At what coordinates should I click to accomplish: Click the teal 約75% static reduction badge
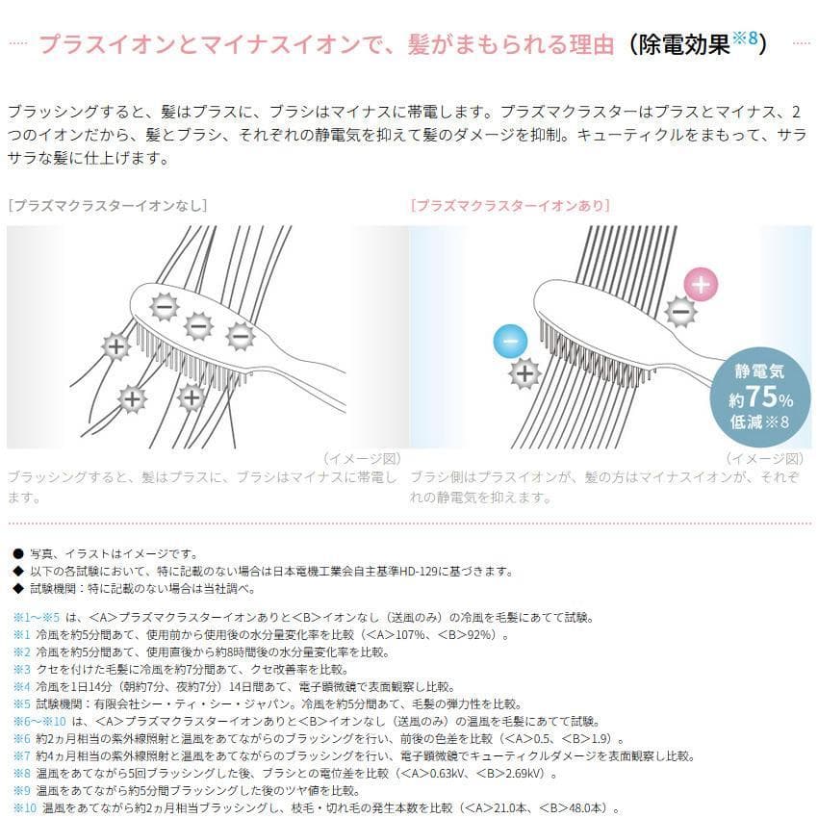click(x=760, y=396)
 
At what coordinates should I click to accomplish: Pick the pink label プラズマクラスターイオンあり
click(x=510, y=205)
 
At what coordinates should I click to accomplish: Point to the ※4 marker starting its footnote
click(x=21, y=686)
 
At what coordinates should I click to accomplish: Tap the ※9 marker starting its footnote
click(x=21, y=790)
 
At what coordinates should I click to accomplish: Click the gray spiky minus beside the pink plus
click(x=680, y=311)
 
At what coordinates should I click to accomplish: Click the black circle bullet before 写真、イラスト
click(x=17, y=553)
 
